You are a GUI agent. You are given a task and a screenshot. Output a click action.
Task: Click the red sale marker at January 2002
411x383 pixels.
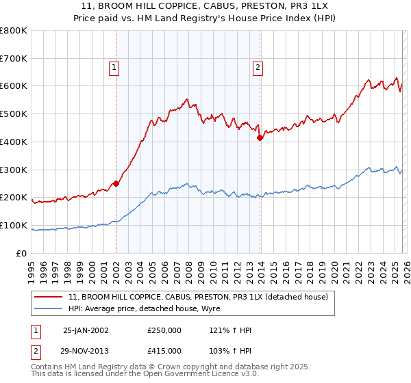[x=116, y=183]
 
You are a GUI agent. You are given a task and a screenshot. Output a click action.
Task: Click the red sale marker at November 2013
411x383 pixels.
[x=260, y=137]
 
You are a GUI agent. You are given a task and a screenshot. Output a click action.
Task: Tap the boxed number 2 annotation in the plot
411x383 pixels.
[x=258, y=67]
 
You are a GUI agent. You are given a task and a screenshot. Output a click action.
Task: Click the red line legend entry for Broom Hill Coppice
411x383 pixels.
[x=198, y=297]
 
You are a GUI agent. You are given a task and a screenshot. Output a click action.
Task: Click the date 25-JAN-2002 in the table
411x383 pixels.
[x=86, y=330]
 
